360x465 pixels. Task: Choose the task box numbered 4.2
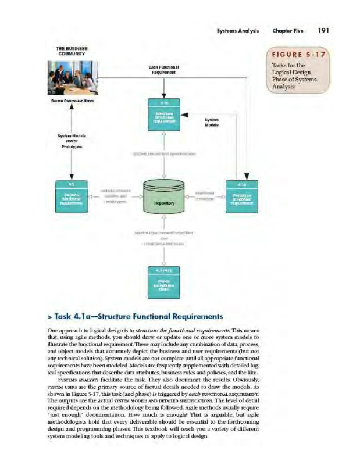71,196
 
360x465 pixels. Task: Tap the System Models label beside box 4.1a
211,123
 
